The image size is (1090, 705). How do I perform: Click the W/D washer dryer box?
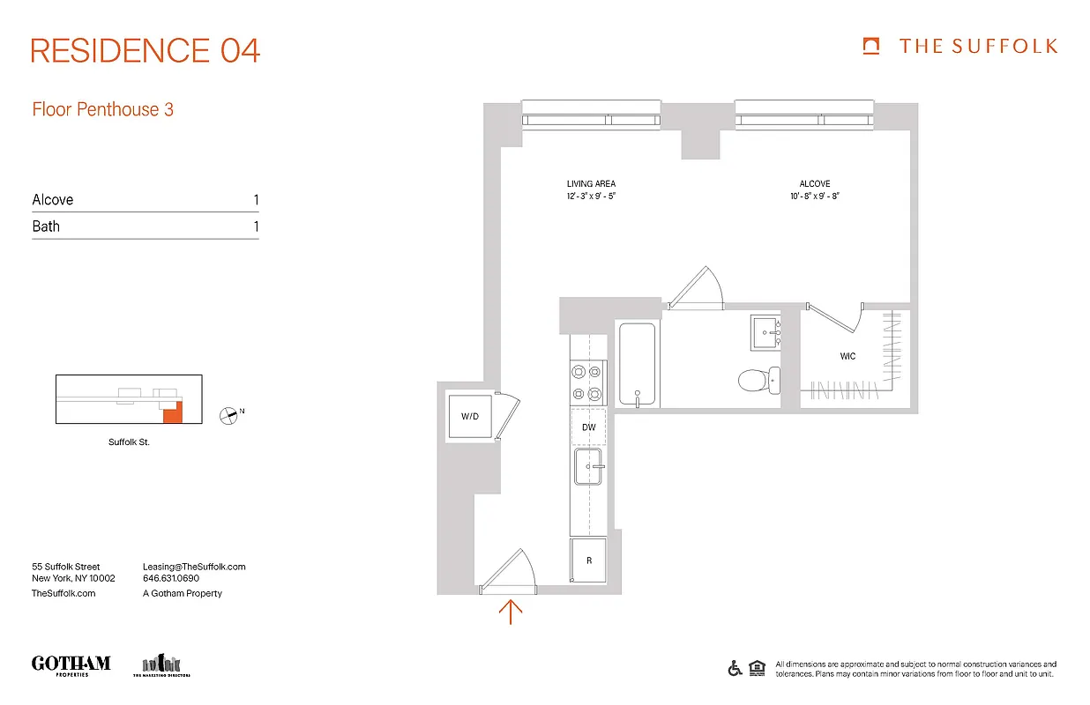468,416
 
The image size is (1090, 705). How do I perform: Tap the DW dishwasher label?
589,427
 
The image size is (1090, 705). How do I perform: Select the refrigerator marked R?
589,560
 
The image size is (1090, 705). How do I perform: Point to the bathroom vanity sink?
766,332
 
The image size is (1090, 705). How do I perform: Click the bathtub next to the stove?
637,365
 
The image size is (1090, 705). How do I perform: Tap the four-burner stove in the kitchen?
588,383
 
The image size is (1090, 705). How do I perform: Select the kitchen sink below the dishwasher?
588,466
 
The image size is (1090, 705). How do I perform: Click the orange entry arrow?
511,611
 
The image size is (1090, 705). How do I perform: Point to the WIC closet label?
847,357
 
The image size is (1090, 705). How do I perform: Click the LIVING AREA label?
591,184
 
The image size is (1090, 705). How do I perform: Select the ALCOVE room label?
814,184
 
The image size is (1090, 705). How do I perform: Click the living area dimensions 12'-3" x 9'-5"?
591,197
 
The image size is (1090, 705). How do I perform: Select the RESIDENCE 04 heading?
146,50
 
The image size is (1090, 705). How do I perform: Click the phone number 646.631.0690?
171,579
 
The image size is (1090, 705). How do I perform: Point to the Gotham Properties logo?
71,665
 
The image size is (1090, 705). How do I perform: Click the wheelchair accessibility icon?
735,668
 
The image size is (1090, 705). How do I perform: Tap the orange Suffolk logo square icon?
871,46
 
